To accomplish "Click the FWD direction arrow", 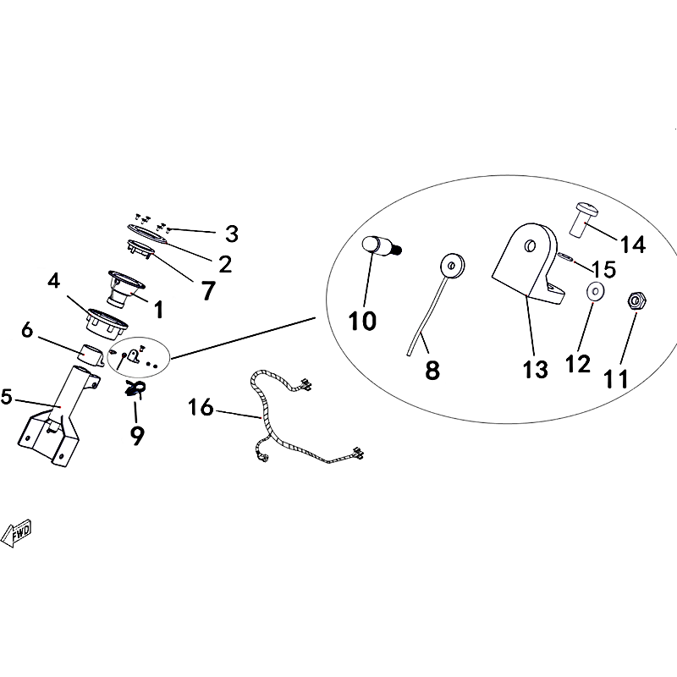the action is [16, 533].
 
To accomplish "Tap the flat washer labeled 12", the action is [596, 291].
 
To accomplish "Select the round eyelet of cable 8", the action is [452, 265].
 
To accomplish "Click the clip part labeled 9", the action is [135, 388].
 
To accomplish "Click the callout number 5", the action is [7, 397].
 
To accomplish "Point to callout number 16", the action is [201, 407].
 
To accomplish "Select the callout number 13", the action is [536, 370].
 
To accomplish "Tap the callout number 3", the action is [232, 234].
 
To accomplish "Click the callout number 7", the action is [208, 290].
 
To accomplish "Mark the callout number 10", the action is [362, 321].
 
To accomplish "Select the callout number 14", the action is [633, 245].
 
